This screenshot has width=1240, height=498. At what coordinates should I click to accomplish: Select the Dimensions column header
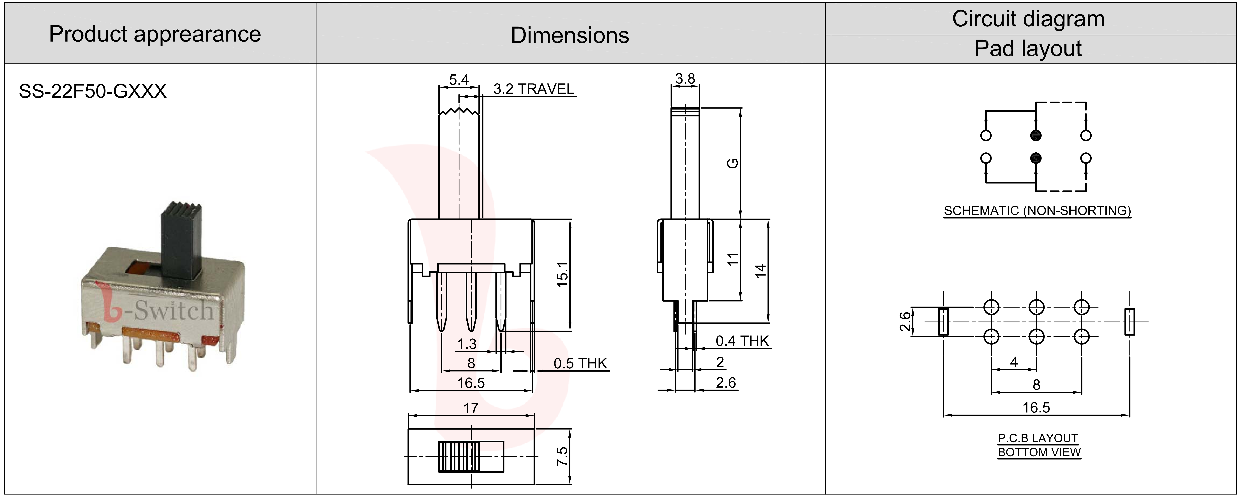(570, 35)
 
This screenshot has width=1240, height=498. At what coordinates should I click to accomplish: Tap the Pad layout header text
(1028, 49)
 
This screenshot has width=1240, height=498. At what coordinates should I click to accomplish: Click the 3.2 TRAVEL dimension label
(534, 89)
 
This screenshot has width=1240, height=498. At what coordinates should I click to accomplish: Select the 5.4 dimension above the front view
(459, 79)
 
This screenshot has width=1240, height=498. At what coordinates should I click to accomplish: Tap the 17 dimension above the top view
(471, 409)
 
